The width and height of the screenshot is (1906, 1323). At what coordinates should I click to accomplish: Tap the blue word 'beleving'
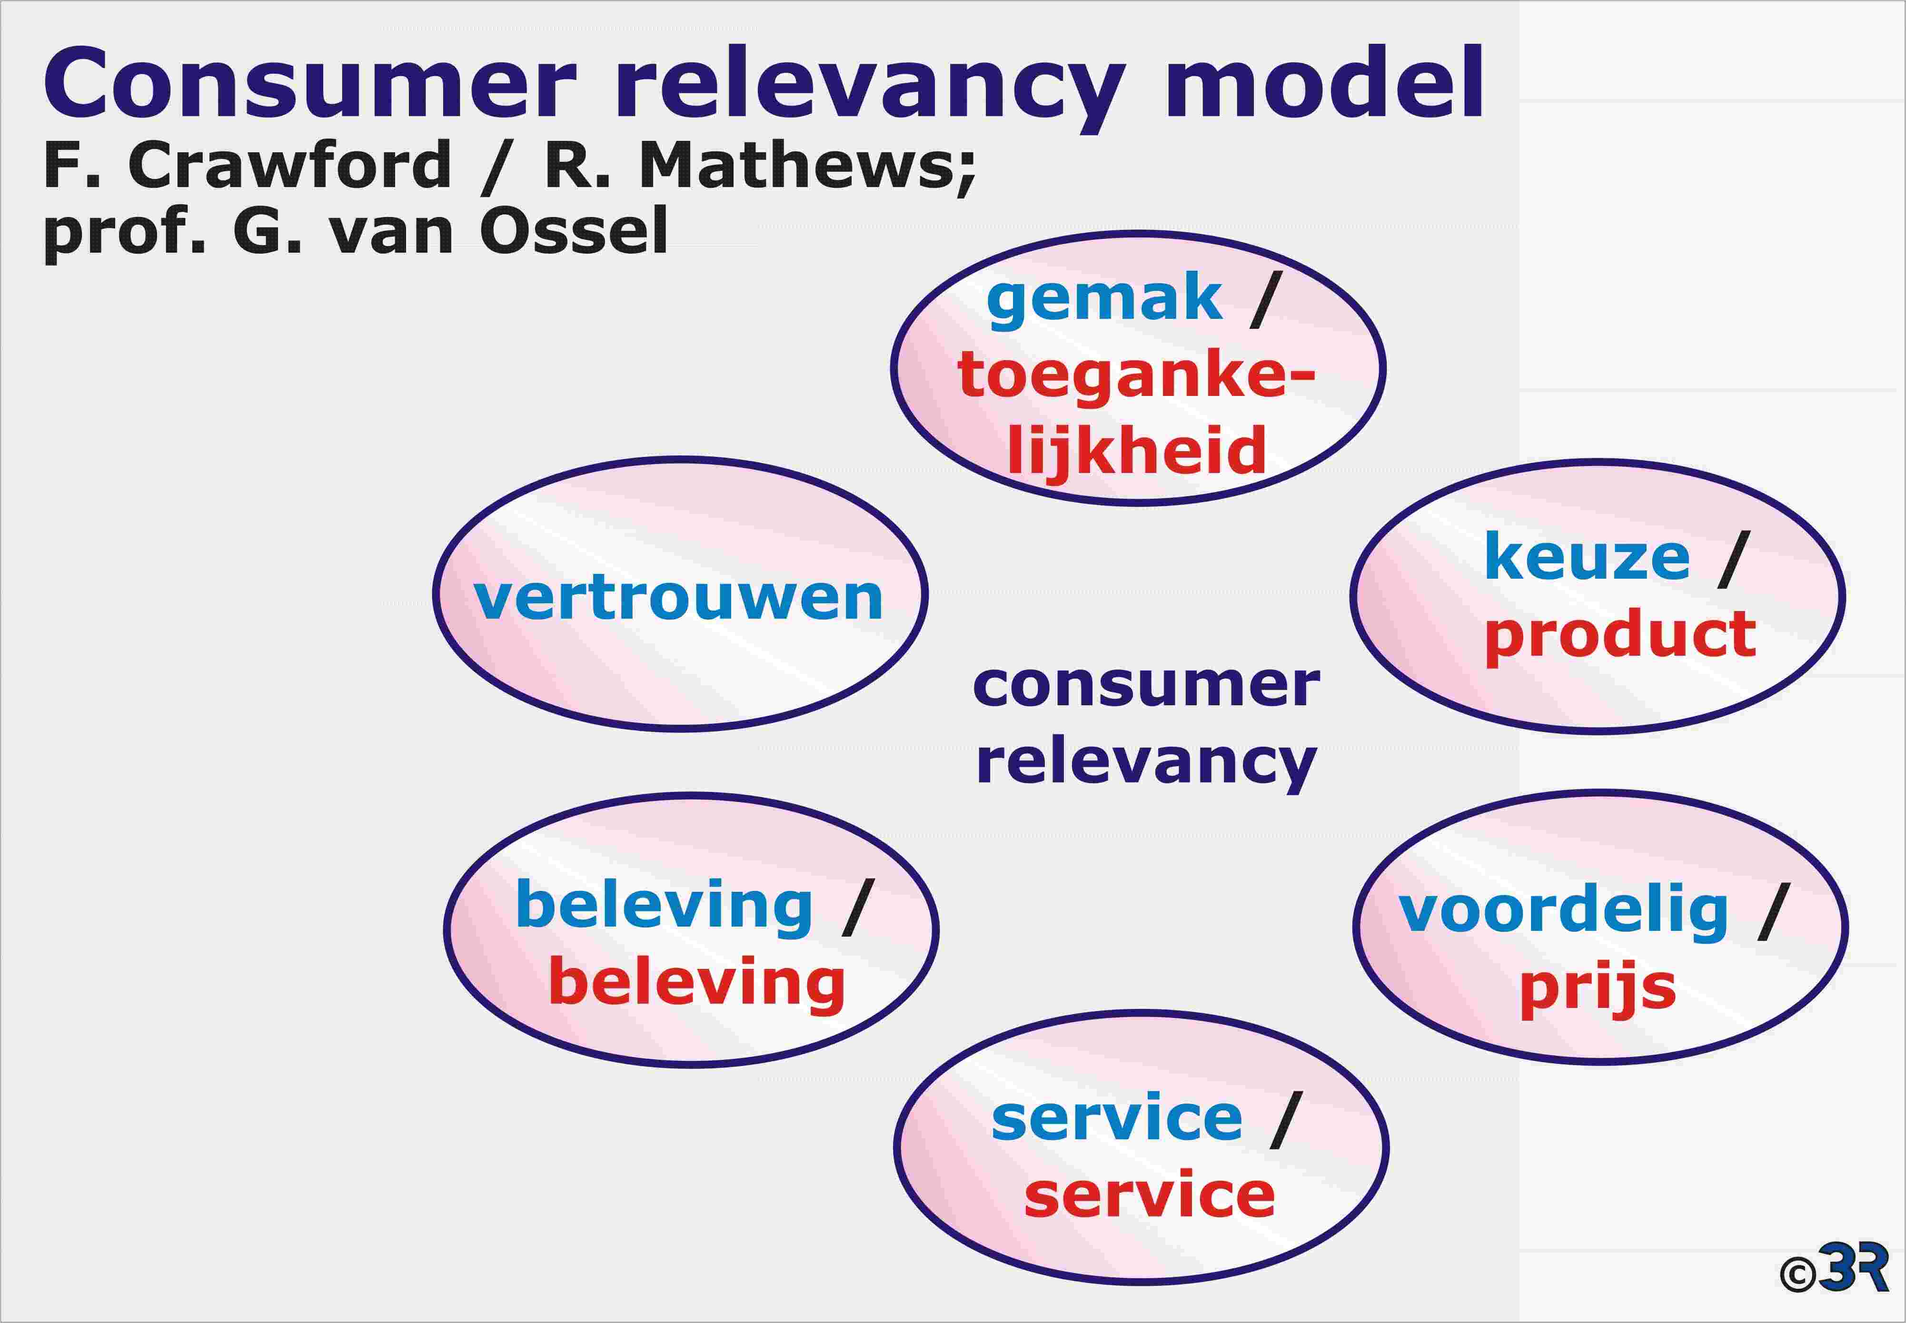(664, 907)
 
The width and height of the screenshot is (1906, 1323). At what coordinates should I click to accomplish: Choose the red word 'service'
(1149, 1196)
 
